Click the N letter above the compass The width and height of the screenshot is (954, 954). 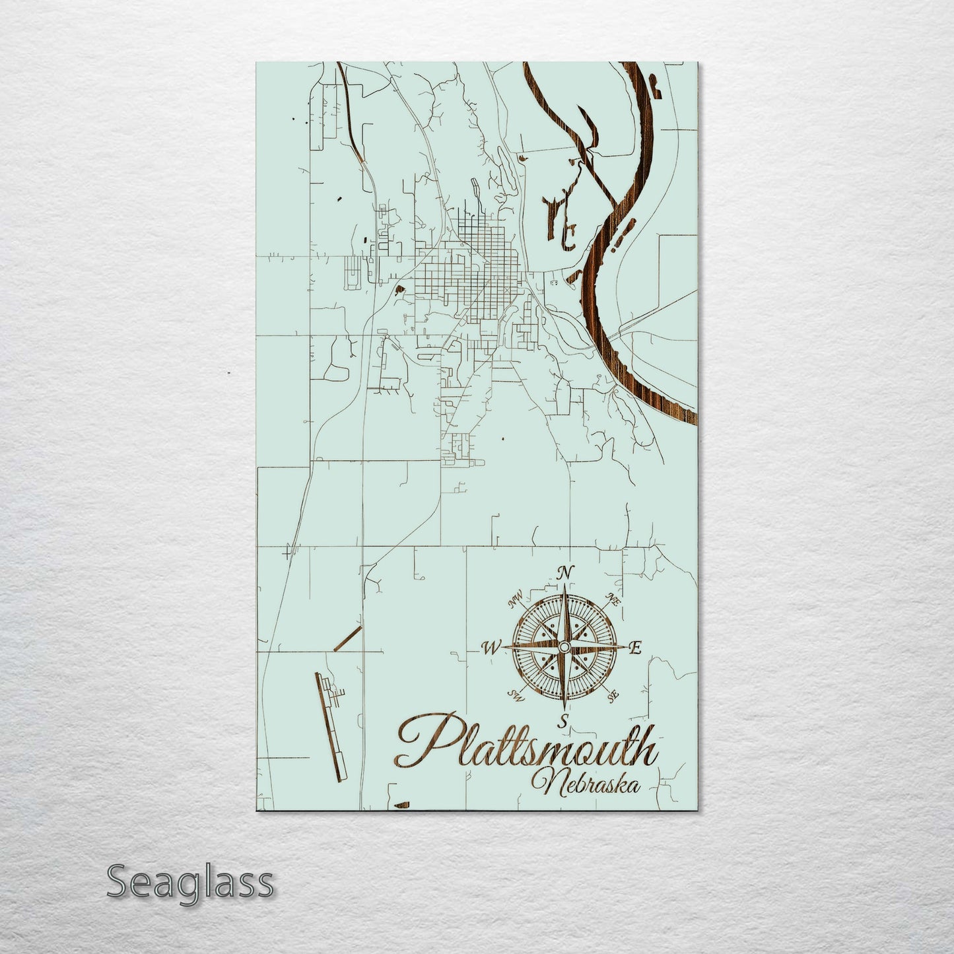[564, 573]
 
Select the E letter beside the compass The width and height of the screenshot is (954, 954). [636, 648]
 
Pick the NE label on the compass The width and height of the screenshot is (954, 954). [613, 601]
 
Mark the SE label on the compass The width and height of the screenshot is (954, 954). [613, 695]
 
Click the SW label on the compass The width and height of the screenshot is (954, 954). [515, 695]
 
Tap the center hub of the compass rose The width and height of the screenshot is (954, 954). [563, 648]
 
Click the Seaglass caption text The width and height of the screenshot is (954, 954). [189, 883]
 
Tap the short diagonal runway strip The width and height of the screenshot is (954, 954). [348, 639]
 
